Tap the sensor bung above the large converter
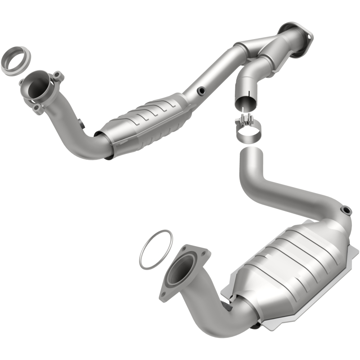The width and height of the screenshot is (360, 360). click(x=346, y=210)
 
